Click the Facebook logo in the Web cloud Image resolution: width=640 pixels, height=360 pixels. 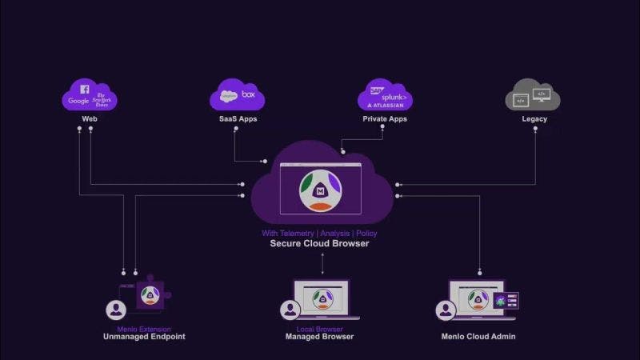click(85, 90)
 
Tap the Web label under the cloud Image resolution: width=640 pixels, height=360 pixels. click(90, 119)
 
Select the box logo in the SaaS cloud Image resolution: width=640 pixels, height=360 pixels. click(249, 94)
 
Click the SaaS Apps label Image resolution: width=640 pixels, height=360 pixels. click(238, 119)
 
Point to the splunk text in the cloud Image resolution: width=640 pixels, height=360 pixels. click(394, 95)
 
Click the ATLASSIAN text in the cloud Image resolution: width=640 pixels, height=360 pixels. click(386, 105)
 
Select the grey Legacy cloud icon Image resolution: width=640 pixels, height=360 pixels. click(532, 98)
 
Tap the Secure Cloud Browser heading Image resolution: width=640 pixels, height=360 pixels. click(319, 243)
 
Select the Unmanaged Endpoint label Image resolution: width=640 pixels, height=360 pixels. click(144, 337)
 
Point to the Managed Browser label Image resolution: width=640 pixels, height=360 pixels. click(320, 337)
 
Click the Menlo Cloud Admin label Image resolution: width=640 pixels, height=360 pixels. click(478, 337)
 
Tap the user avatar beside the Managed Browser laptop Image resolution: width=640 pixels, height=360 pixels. click(290, 310)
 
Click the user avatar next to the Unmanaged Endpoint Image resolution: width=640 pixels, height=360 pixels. click(116, 310)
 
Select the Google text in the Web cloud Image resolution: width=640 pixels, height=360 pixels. click(78, 101)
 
